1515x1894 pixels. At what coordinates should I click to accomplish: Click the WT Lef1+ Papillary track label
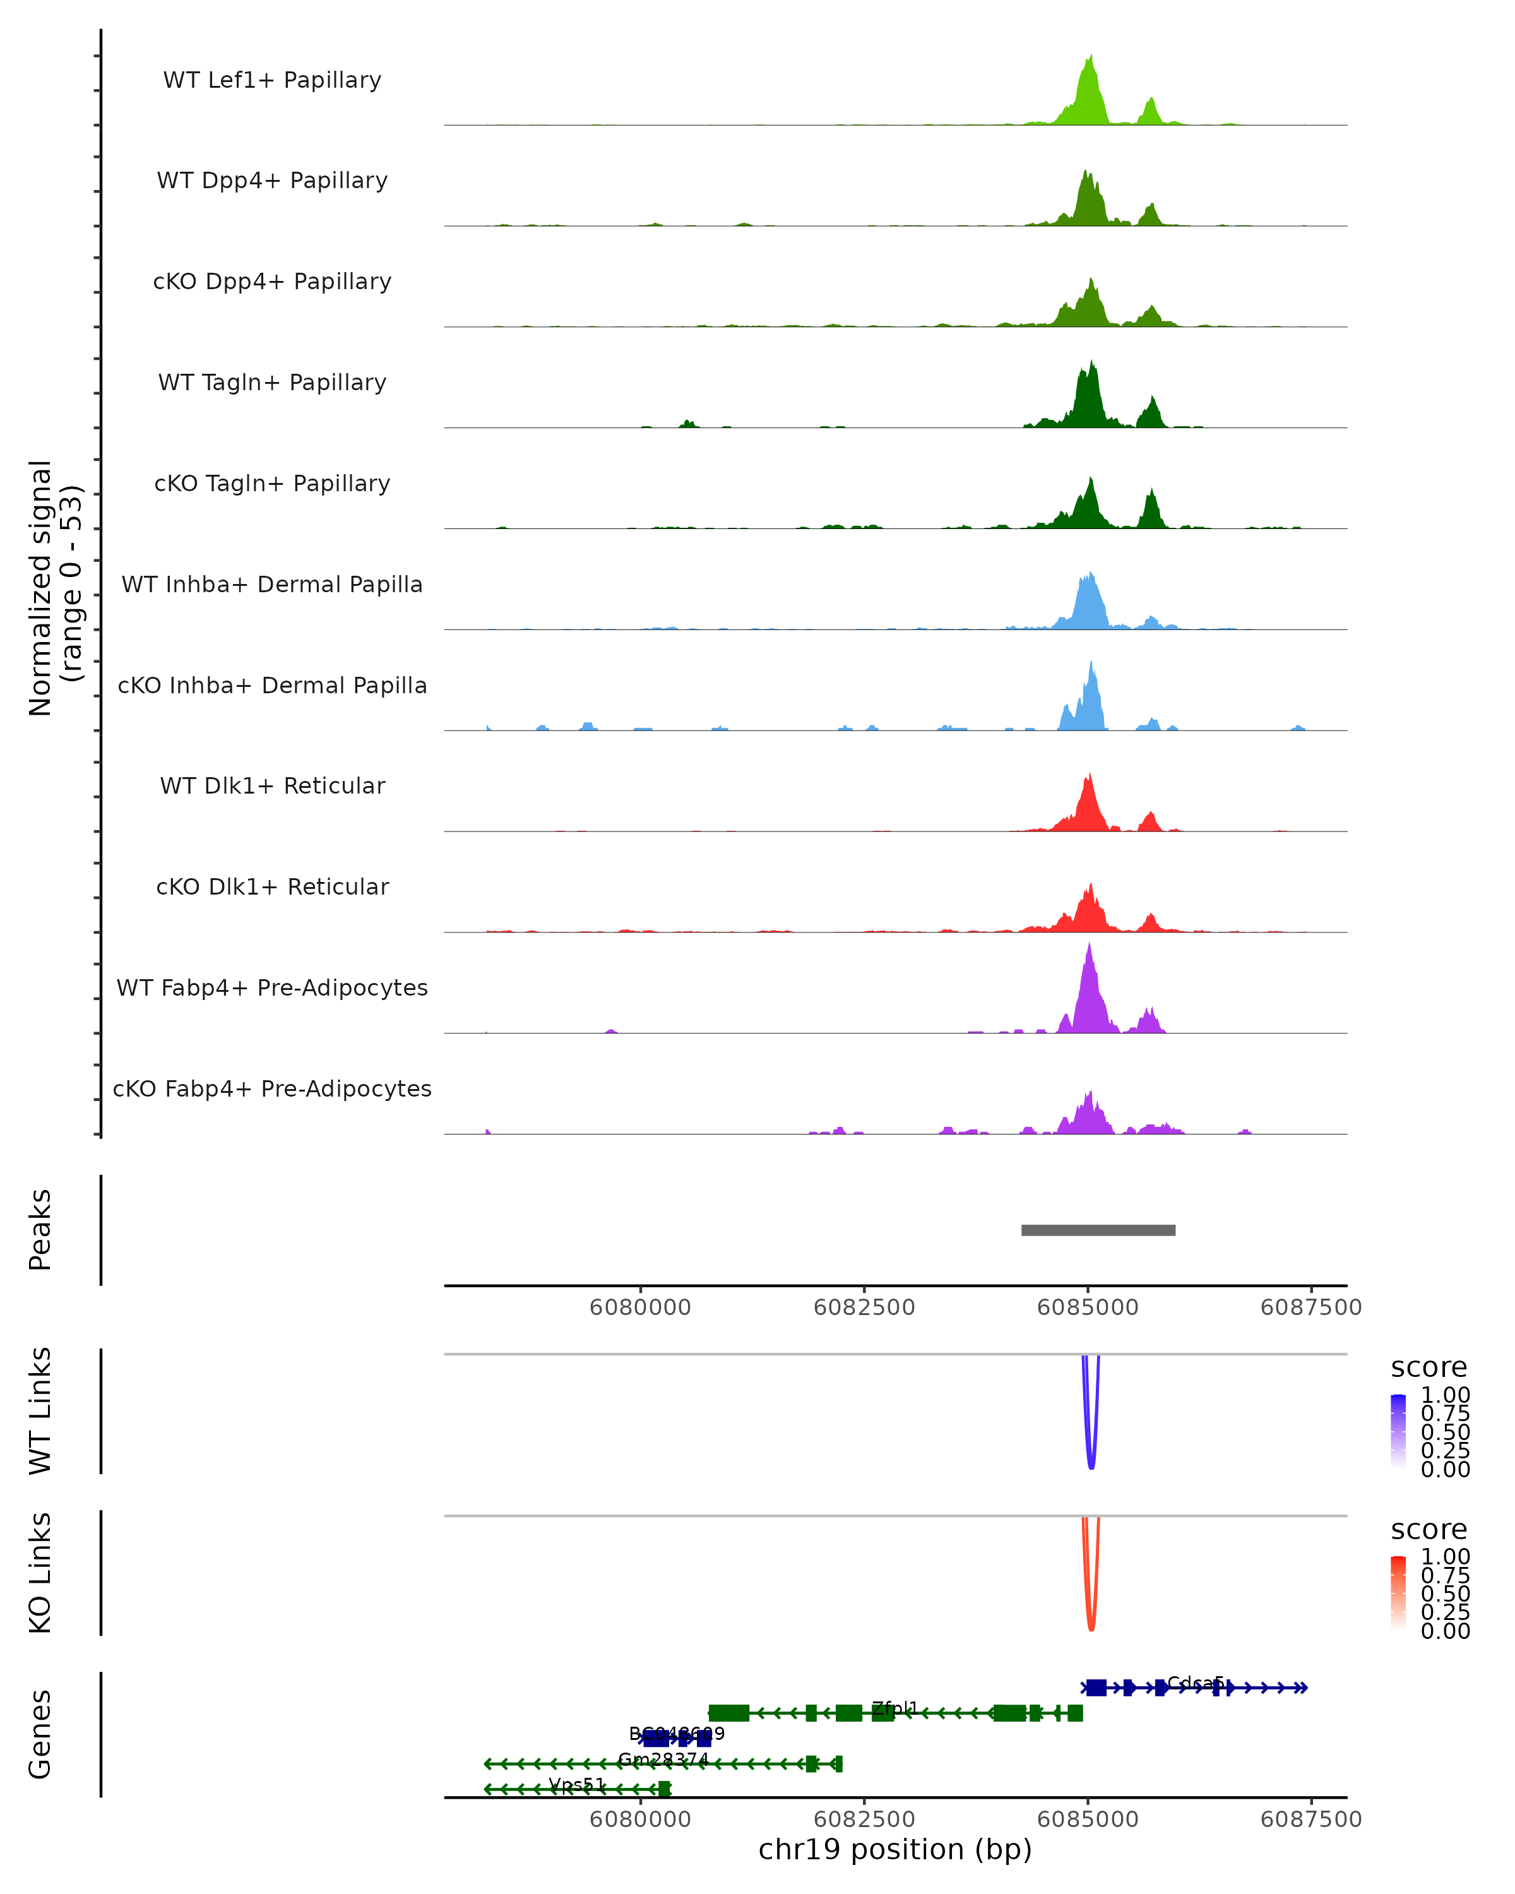point(272,80)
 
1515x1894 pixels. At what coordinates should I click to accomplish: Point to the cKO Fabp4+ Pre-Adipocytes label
point(272,1088)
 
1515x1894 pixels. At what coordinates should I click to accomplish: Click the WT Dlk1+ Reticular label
point(272,785)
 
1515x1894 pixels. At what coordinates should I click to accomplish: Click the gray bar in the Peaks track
point(1098,1230)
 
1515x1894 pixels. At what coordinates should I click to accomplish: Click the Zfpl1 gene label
point(894,1708)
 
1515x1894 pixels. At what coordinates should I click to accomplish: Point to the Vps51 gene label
point(577,1784)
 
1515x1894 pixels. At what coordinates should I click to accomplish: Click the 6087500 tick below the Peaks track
point(1310,1307)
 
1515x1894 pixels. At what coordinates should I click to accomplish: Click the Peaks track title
point(40,1230)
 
